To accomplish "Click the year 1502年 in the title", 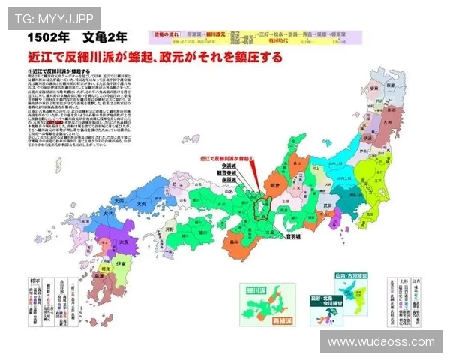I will click(50, 36).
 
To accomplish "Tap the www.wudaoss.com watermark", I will click(381, 341).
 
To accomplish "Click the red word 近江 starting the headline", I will click(38, 57).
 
